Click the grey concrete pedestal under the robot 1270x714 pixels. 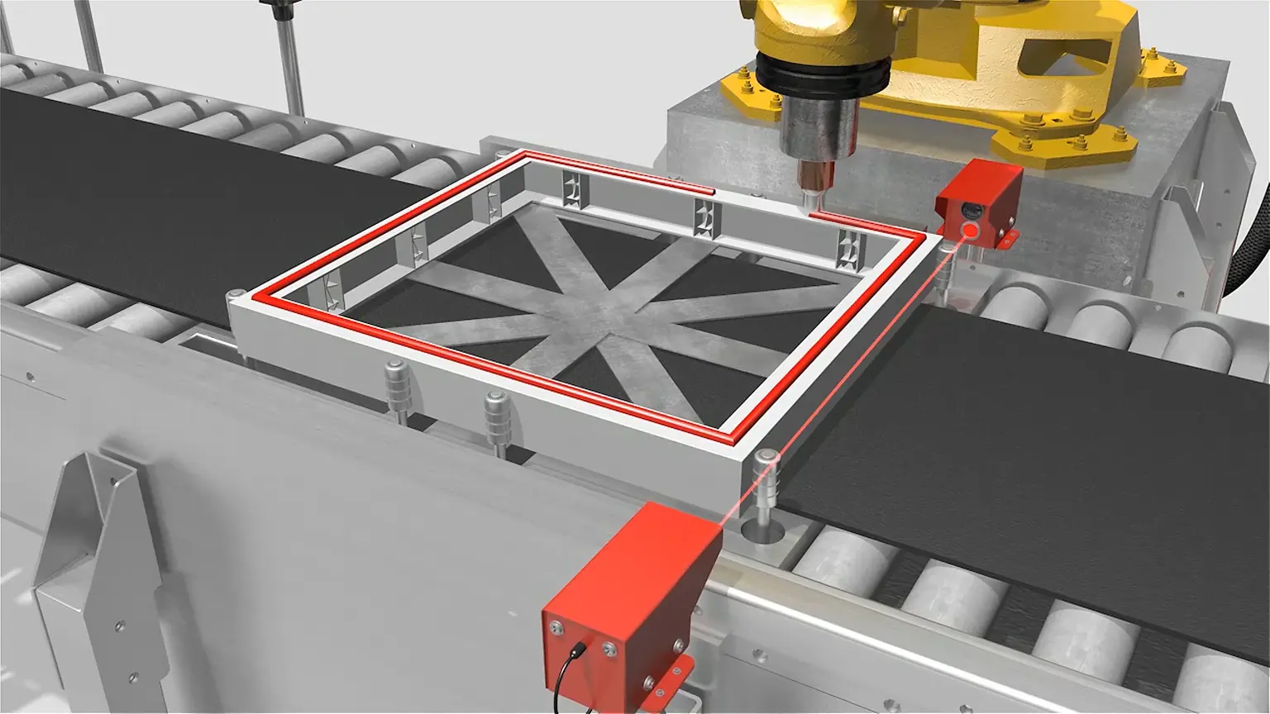pos(728,140)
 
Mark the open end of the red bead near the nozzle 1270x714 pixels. pos(709,191)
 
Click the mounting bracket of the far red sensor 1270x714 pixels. pos(1005,240)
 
